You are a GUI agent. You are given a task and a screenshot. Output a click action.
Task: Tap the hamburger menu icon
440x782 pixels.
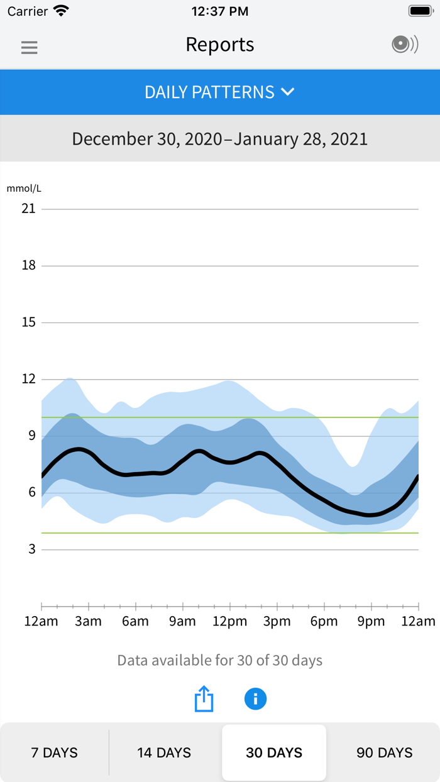tap(30, 47)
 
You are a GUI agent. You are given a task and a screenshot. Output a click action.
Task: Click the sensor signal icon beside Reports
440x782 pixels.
tap(405, 45)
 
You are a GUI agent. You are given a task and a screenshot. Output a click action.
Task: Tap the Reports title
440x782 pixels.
tap(220, 45)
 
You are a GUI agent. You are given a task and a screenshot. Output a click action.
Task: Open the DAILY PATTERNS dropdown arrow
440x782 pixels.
tap(288, 92)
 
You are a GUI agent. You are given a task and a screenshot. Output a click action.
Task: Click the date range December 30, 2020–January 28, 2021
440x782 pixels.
tap(220, 138)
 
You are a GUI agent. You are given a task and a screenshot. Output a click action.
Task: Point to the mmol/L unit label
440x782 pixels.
tap(24, 188)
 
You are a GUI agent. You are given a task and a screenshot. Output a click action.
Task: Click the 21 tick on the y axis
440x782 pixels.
tap(28, 209)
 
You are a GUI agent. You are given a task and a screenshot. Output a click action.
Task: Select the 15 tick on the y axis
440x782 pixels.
tap(28, 322)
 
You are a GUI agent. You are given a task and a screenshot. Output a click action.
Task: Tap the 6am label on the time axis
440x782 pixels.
tap(135, 622)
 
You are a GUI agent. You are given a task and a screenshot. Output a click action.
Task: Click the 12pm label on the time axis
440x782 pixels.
tap(229, 622)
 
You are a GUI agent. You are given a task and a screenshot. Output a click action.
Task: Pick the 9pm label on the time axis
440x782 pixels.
tap(371, 622)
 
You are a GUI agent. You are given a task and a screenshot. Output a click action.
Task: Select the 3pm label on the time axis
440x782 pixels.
tap(277, 622)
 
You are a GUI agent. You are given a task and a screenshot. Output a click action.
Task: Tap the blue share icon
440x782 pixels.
tap(204, 698)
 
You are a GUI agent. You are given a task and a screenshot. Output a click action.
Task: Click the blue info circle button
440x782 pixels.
tap(255, 698)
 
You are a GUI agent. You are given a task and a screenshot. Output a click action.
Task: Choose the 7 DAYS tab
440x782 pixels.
tap(55, 752)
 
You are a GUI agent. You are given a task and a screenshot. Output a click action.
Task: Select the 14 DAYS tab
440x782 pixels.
tap(164, 752)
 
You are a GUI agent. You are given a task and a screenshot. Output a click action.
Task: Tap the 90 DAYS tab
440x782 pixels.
tap(385, 752)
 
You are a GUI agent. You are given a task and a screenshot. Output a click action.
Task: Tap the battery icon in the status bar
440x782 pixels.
tap(420, 11)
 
